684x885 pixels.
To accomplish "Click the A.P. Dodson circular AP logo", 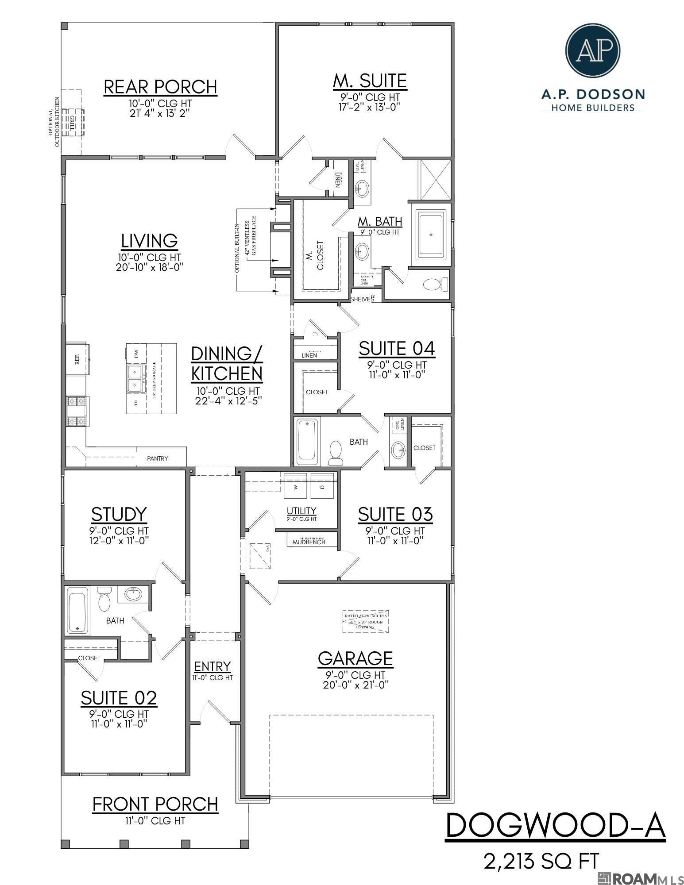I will [x=593, y=50].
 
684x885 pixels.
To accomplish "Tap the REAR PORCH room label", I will [x=160, y=87].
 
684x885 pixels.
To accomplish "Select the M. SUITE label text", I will [x=370, y=81].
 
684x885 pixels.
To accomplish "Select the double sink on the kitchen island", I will [x=135, y=379].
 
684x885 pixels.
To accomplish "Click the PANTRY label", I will [x=158, y=458].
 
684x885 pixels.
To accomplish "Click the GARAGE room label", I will [x=355, y=658].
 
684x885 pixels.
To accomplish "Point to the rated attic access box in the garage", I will [x=366, y=621].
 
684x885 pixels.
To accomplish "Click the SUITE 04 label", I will [x=397, y=349].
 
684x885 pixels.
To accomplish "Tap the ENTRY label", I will [x=213, y=666].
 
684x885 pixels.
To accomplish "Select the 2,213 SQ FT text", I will [x=542, y=861].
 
